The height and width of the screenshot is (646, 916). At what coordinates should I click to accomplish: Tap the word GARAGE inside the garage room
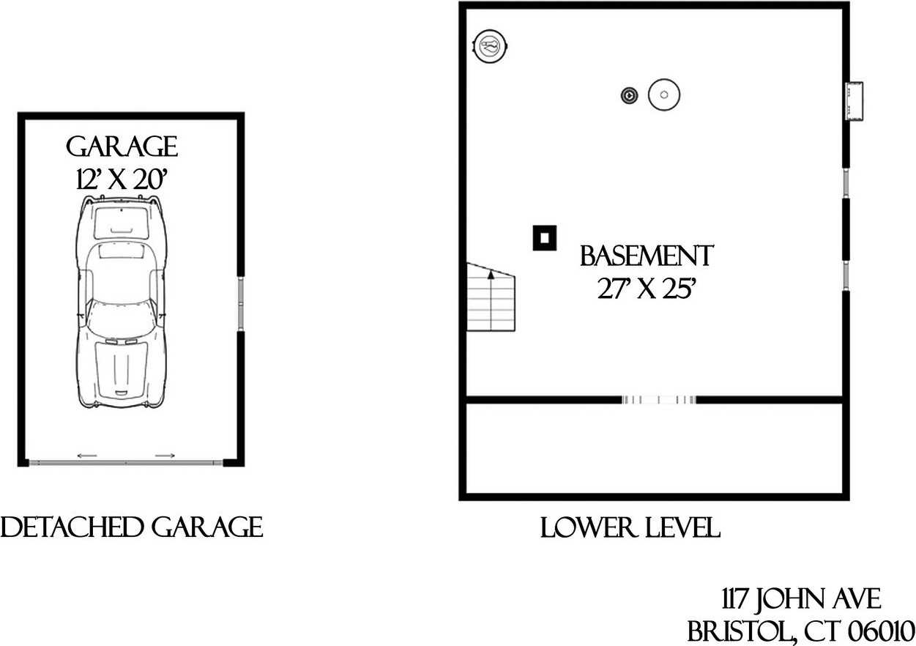pos(122,147)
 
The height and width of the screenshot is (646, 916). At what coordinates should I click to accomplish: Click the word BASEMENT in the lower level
pos(646,256)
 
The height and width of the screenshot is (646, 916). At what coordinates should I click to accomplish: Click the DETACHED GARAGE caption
pos(132,527)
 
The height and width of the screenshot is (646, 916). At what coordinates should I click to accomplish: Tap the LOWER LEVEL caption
pos(630,528)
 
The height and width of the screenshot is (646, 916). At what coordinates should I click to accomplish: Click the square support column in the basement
pos(544,237)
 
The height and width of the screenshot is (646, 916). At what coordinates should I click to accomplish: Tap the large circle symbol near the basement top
pos(664,94)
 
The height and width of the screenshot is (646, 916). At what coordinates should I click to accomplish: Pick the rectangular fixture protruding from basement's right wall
pos(854,100)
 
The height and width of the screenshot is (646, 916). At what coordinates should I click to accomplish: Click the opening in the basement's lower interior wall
pos(658,400)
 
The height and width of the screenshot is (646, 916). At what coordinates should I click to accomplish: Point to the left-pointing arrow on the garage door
pos(87,456)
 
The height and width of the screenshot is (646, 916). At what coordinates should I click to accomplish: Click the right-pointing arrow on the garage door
pos(165,456)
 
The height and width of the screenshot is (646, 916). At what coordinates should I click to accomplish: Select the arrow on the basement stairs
pos(491,275)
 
